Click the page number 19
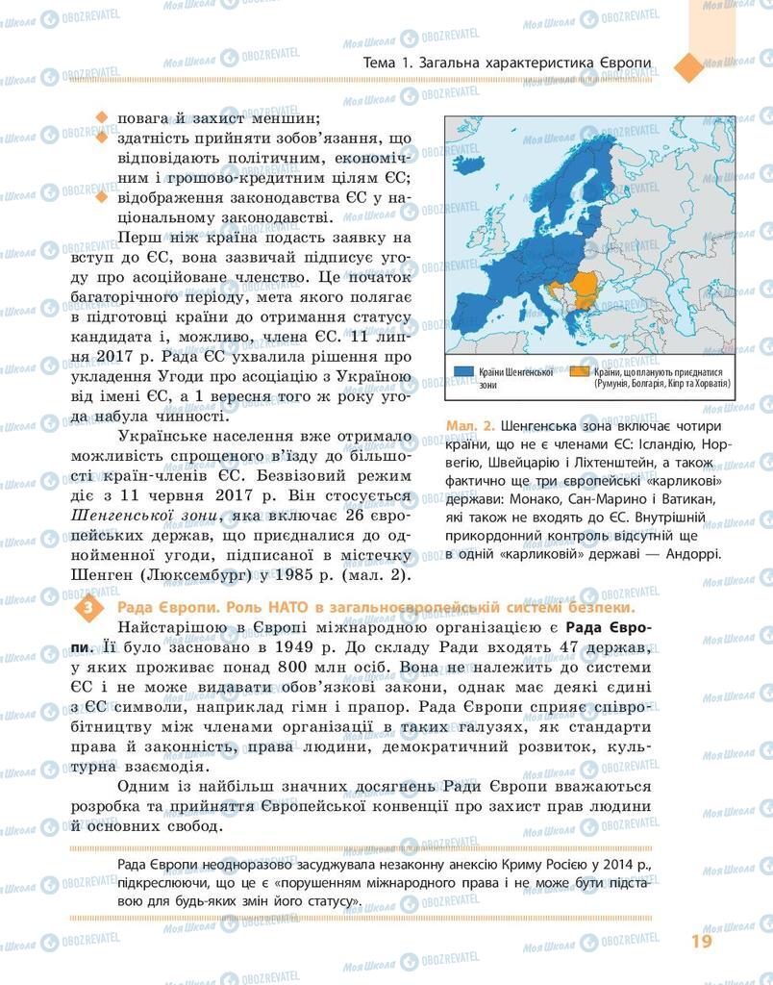(x=701, y=940)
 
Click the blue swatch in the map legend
(x=463, y=370)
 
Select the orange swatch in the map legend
(x=581, y=370)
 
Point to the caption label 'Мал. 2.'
(x=470, y=426)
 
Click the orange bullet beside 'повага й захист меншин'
(x=101, y=119)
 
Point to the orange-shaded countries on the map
(x=586, y=285)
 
